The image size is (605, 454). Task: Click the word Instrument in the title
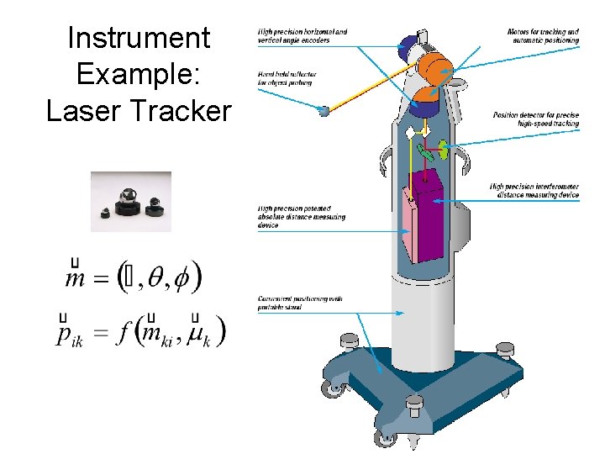138,39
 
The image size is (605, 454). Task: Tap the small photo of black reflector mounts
131,202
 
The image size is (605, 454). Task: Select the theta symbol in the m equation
157,277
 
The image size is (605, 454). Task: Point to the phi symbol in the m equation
185,277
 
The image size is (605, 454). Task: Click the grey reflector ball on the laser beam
324,109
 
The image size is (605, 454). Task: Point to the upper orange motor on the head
435,65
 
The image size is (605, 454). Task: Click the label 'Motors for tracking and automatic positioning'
543,36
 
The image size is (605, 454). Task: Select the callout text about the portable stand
290,304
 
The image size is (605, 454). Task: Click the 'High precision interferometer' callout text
534,191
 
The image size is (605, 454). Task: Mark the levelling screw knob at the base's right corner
504,349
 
